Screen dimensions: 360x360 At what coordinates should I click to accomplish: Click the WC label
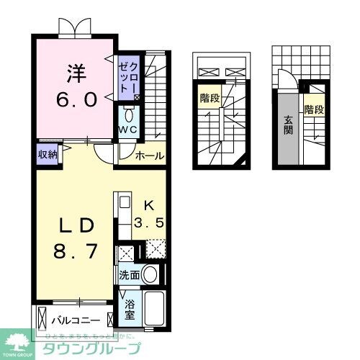point(128,130)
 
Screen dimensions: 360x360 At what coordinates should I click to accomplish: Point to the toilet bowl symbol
point(128,115)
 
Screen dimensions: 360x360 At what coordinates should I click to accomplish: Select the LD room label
point(73,225)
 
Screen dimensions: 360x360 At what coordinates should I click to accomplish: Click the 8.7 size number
point(73,253)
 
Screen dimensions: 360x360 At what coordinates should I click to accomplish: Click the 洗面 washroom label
point(129,275)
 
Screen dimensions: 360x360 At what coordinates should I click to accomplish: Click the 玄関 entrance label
point(287,126)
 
